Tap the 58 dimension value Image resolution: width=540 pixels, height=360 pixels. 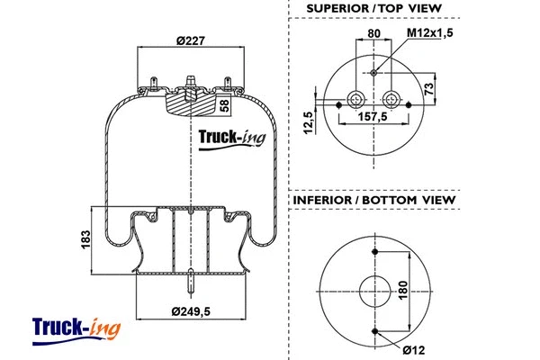[225, 105]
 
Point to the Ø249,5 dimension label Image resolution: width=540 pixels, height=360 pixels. [192, 312]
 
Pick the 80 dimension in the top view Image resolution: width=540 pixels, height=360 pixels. [373, 35]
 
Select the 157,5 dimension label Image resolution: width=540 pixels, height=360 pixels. [373, 116]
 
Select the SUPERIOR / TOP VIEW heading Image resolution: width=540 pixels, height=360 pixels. [373, 8]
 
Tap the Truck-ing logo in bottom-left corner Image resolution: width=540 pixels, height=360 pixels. [76, 329]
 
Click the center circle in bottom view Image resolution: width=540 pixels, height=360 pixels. [373, 291]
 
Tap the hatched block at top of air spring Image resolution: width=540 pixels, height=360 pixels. [190, 103]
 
